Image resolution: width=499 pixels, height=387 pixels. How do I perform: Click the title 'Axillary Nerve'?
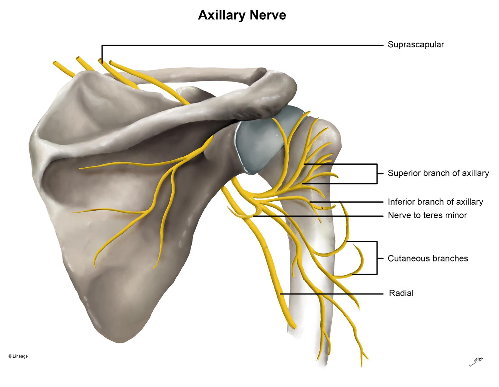pos(242,15)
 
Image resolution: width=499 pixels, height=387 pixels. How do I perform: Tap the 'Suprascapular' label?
pos(416,45)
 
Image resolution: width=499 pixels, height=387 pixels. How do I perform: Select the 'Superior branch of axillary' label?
pos(438,173)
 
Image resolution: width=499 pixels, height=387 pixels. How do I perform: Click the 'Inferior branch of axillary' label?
pos(435,202)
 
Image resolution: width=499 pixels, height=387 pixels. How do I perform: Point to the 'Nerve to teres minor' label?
pos(427,215)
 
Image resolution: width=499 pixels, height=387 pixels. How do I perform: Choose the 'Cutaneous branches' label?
pos(428,258)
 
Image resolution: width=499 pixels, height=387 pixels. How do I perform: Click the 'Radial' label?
pos(401,293)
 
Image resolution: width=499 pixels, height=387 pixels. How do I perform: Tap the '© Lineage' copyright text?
pos(18,356)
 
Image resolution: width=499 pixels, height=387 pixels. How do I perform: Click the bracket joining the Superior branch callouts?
pos(377,173)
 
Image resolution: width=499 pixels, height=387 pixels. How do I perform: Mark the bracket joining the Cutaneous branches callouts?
pos(377,258)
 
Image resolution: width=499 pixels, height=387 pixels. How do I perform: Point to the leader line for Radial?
pos(333,294)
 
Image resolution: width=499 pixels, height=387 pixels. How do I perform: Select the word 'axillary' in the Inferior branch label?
pos(469,202)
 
